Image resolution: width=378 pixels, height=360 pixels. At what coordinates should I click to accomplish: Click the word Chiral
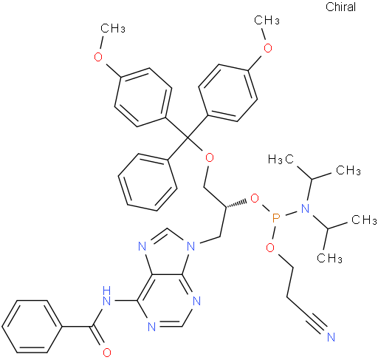(340, 7)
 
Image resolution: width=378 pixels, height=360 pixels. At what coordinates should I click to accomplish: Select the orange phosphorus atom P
(276, 218)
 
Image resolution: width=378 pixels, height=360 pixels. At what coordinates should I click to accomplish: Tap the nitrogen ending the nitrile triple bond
(331, 337)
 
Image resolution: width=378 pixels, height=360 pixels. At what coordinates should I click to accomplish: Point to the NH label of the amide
(107, 296)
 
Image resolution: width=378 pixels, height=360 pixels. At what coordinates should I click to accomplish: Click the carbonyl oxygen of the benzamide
(107, 353)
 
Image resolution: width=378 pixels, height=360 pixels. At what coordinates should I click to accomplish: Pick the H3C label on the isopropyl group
(281, 159)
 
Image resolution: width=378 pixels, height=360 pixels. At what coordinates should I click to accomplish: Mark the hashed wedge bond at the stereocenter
(236, 203)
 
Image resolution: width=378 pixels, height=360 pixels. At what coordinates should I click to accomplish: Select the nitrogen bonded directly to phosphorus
(305, 208)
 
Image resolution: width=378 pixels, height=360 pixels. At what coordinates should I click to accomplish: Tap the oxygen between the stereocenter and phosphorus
(255, 198)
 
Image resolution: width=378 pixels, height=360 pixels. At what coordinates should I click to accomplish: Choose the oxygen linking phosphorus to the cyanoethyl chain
(270, 248)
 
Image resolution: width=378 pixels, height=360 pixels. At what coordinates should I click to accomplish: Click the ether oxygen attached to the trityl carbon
(209, 158)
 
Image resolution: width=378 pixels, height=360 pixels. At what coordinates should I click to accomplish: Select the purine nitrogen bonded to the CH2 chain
(191, 245)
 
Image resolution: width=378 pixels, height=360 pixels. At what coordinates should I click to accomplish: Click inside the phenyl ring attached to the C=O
(32, 327)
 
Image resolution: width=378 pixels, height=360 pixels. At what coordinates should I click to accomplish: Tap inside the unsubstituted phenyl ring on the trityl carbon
(148, 183)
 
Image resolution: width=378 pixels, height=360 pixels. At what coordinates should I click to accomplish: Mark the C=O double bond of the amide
(97, 338)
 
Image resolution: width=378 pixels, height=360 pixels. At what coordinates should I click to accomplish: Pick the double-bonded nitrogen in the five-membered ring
(142, 246)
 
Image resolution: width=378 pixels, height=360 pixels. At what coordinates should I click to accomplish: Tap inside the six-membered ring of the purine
(168, 301)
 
